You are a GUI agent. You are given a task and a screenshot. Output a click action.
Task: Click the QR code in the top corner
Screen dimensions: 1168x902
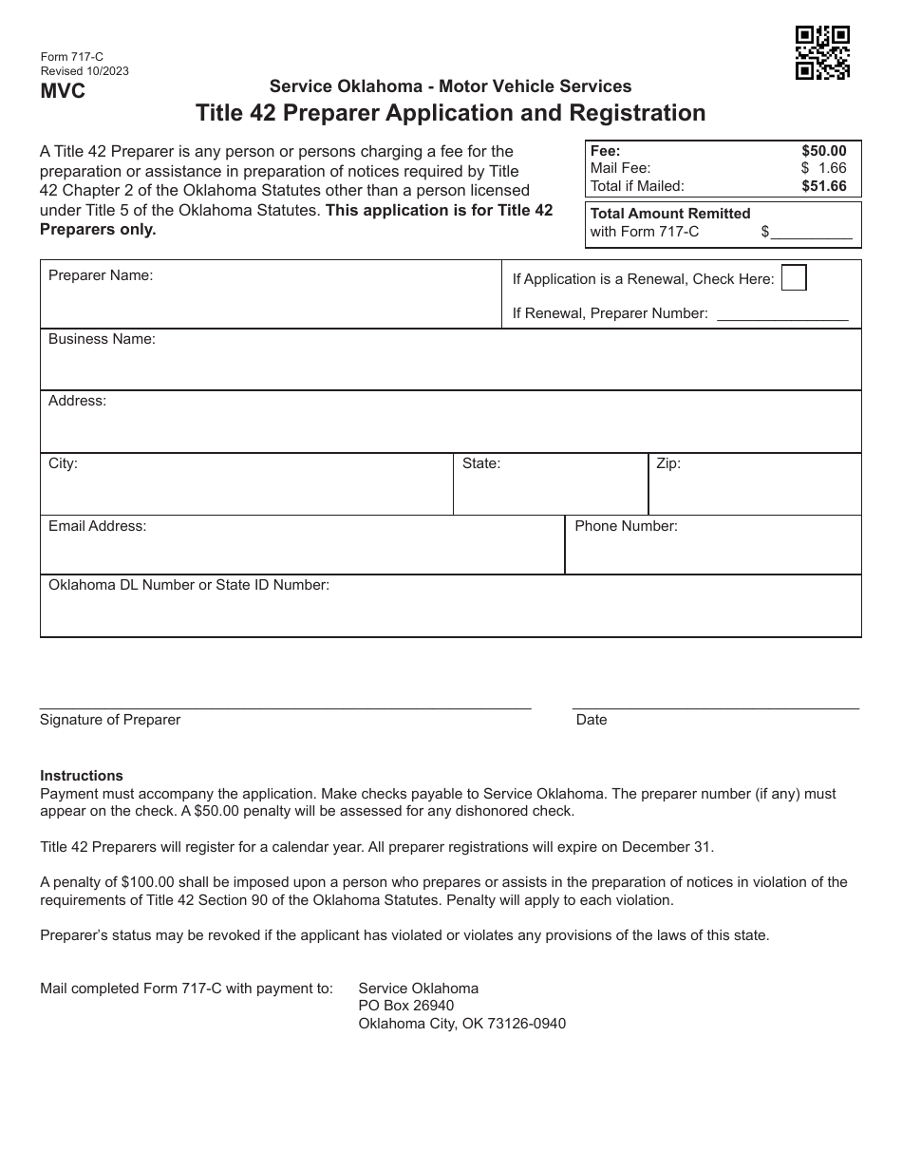click(x=822, y=52)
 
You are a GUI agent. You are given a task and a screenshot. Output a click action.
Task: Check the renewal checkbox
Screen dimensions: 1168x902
click(x=793, y=277)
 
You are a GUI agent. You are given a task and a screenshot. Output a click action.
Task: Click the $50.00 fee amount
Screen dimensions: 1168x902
click(x=823, y=151)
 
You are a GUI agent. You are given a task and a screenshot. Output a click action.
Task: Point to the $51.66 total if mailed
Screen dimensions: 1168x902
click(x=823, y=186)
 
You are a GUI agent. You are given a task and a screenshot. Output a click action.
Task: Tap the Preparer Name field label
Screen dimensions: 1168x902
click(x=101, y=276)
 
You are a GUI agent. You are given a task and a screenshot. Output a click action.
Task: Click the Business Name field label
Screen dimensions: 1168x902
click(x=102, y=339)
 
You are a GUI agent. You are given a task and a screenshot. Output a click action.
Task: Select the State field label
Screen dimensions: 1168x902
click(x=480, y=464)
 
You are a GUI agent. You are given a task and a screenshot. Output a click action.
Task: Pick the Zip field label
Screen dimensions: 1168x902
click(x=668, y=464)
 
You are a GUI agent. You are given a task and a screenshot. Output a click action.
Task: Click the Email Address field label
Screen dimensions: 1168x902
click(x=97, y=526)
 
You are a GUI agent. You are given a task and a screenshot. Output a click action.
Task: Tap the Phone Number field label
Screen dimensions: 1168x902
click(x=626, y=526)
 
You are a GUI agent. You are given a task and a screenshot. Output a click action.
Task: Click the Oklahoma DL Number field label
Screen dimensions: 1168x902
click(x=189, y=585)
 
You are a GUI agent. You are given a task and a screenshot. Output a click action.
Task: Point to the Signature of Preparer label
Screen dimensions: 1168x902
click(x=110, y=720)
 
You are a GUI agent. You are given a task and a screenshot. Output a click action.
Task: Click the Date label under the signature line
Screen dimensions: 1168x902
click(x=591, y=720)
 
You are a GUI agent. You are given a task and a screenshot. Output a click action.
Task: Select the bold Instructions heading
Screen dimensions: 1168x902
click(x=82, y=776)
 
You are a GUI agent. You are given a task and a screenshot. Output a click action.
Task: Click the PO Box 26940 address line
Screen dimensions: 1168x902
click(x=405, y=1006)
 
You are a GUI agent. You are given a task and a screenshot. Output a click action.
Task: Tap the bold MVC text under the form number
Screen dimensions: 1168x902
click(x=63, y=91)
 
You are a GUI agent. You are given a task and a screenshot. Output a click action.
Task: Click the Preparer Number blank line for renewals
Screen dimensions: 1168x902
click(x=782, y=314)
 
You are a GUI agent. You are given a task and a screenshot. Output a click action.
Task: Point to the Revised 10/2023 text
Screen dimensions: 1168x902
click(x=85, y=71)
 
